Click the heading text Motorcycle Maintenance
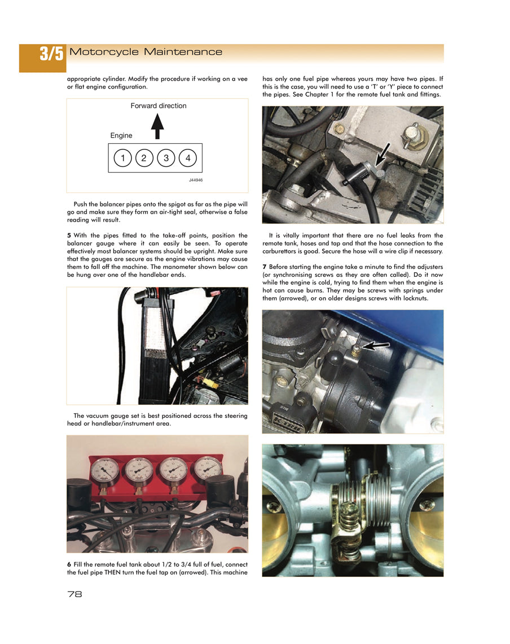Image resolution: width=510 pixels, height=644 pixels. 146,52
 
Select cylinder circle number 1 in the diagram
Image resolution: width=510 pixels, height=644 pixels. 122,158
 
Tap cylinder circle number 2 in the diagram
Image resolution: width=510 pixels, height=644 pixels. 144,158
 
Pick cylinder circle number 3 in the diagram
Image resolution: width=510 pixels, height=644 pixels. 166,158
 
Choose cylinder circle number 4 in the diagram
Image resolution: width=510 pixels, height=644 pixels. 188,158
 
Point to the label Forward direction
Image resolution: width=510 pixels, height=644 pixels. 158,105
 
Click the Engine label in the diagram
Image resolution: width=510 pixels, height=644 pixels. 121,135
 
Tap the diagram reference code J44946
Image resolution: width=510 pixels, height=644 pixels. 195,180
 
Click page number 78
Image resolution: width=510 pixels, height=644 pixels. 74,594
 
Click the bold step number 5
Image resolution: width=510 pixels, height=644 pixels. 69,235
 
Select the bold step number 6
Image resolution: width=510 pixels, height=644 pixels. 69,564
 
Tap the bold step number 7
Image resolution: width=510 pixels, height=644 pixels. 265,266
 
